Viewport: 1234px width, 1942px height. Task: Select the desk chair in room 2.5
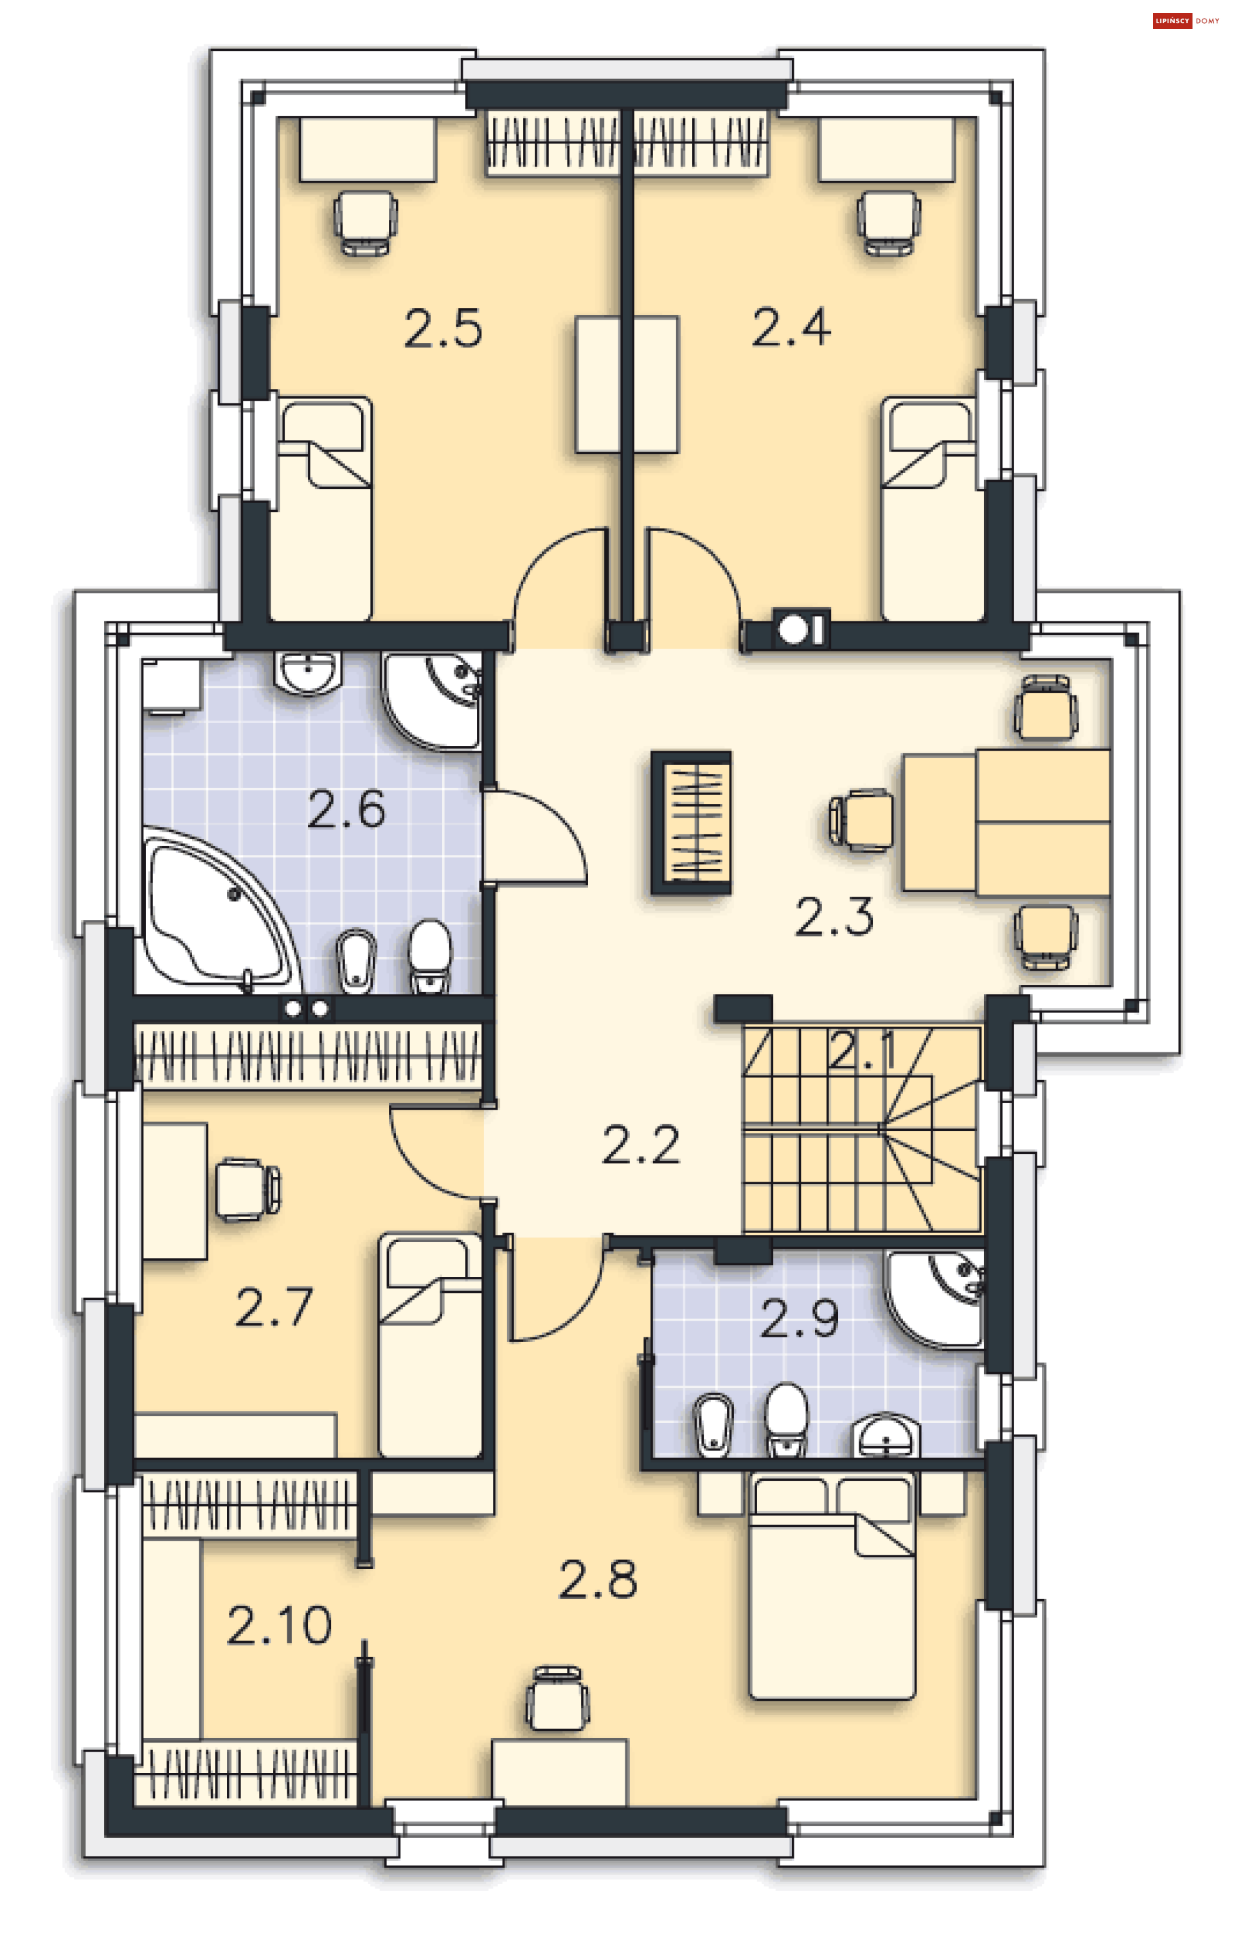[365, 221]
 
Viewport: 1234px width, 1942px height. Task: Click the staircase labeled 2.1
[861, 1129]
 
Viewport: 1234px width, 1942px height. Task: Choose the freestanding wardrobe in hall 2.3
[692, 823]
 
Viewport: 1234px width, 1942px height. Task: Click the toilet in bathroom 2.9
[786, 1420]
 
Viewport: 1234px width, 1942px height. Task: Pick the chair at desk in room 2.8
[556, 1698]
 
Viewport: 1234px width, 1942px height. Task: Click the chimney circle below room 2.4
[793, 630]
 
